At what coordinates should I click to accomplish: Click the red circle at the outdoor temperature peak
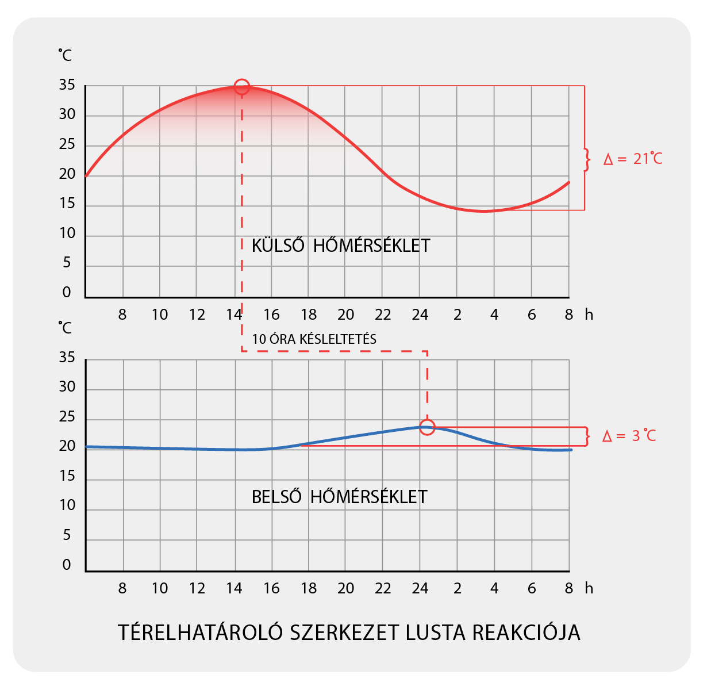[x=242, y=87]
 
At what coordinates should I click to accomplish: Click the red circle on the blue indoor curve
[x=427, y=427]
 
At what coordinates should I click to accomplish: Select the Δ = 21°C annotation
[x=633, y=159]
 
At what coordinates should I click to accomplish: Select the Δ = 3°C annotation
[x=629, y=436]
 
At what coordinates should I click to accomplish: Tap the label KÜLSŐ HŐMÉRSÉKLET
[x=341, y=246]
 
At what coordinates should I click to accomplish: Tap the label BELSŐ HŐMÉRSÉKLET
[x=339, y=497]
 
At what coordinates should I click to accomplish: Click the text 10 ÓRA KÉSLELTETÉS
[x=314, y=339]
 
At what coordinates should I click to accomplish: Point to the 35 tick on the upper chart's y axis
[x=67, y=85]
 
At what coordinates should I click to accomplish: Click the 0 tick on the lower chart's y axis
[x=67, y=565]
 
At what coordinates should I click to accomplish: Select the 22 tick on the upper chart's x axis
[x=383, y=315]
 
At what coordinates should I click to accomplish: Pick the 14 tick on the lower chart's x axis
[x=234, y=589]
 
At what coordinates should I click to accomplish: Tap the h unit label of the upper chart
[x=589, y=315]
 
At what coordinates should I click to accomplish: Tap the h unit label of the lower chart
[x=589, y=589]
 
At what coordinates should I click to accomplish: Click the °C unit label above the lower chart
[x=65, y=328]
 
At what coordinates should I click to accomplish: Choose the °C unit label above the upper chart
[x=65, y=55]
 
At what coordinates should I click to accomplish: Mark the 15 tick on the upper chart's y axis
[x=67, y=204]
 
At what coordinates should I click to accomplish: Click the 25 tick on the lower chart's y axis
[x=67, y=417]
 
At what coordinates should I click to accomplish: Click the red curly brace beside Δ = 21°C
[x=587, y=160]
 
